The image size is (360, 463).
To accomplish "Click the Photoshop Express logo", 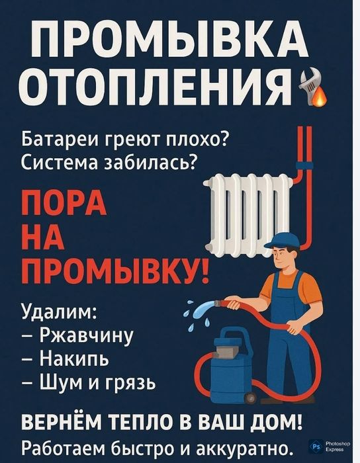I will (326, 448).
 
